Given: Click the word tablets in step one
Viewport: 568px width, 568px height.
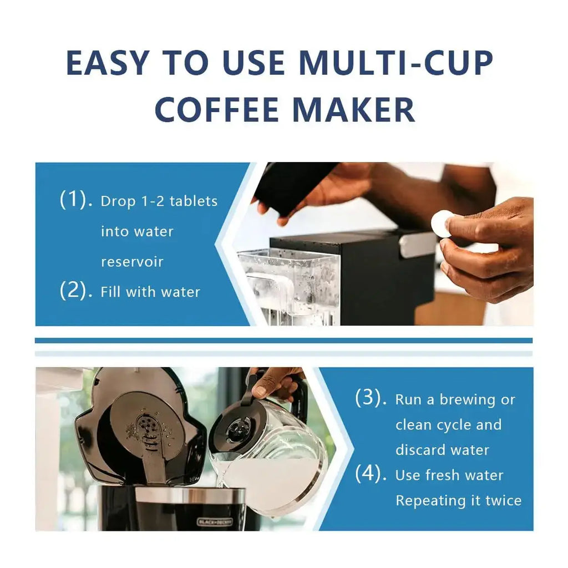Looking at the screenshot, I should pos(193,201).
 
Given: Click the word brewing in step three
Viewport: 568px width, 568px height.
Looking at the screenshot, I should pos(466,399).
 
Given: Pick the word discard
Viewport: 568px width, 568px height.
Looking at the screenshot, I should pos(422,449).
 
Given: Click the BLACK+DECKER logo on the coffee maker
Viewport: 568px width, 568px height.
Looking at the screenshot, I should pos(215,521).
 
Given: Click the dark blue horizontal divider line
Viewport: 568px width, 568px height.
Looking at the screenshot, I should pos(283,340).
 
